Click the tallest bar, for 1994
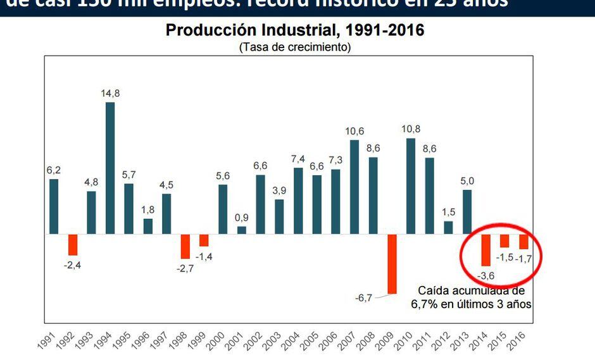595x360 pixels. click(x=110, y=168)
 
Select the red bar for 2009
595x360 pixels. click(x=392, y=264)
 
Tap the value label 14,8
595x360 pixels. click(x=110, y=93)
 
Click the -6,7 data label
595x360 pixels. click(x=365, y=297)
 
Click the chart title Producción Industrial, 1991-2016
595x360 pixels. click(x=295, y=30)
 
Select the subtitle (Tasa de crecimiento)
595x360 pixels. click(x=295, y=47)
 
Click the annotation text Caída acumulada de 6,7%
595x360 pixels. click(x=472, y=297)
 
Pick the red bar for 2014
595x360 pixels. click(x=485, y=250)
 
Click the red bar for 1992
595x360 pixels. click(x=73, y=244)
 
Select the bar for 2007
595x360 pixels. click(x=354, y=187)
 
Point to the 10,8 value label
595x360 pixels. click(x=411, y=130)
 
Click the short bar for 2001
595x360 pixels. click(x=242, y=230)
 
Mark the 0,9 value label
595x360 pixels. click(x=242, y=218)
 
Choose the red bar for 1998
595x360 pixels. click(x=185, y=246)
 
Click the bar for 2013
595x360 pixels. click(x=467, y=212)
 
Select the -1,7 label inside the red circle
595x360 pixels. click(x=525, y=259)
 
